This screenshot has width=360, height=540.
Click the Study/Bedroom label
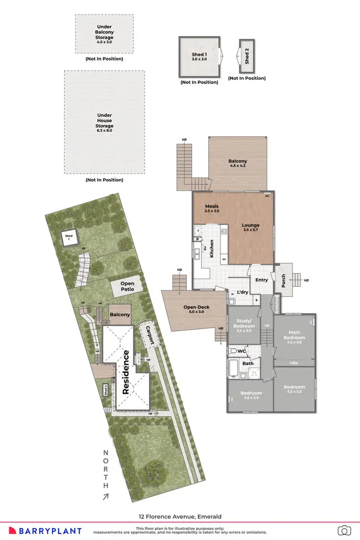tap(244, 324)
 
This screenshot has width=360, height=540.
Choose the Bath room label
tap(248, 363)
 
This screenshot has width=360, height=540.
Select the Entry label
tap(262, 280)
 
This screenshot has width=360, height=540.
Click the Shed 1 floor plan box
tap(200, 58)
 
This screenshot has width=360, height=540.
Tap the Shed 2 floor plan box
tap(247, 56)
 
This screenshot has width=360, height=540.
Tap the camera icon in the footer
tap(344, 530)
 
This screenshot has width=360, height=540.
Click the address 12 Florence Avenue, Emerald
tap(180, 516)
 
